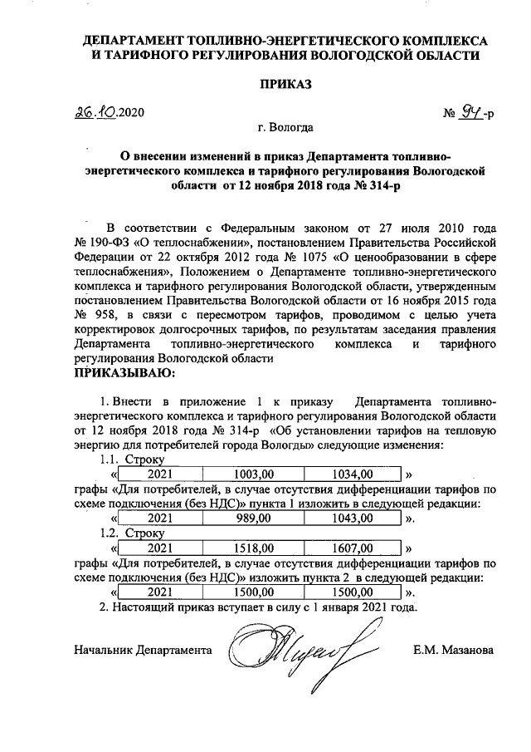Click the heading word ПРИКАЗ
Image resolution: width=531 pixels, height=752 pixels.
285,86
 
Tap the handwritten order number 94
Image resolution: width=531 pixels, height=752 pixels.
473,112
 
